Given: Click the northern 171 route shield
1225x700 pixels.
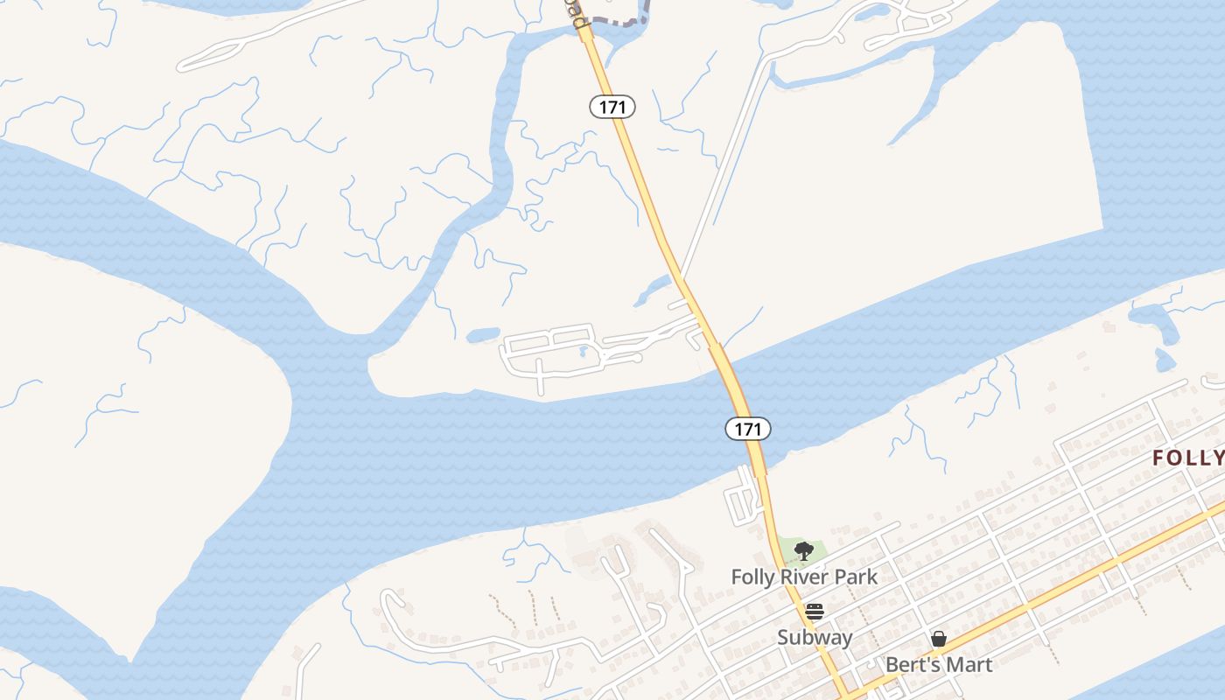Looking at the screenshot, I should pyautogui.click(x=612, y=107).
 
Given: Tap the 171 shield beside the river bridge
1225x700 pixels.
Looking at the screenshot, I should pyautogui.click(x=747, y=429).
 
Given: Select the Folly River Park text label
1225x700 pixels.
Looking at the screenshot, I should pyautogui.click(x=804, y=577).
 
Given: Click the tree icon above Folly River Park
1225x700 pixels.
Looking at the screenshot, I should pyautogui.click(x=803, y=551).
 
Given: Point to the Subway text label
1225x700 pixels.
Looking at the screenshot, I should pyautogui.click(x=815, y=637).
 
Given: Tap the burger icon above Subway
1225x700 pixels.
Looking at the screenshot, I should pyautogui.click(x=815, y=612).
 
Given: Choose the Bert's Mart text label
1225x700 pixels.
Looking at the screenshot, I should pyautogui.click(x=939, y=664).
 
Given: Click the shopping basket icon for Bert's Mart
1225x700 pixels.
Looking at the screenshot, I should pyautogui.click(x=939, y=639).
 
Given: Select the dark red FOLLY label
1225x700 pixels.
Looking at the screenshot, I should pyautogui.click(x=1187, y=458).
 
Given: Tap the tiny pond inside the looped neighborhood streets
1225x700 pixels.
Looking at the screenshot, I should pyautogui.click(x=582, y=352).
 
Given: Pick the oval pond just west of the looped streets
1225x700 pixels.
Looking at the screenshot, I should pyautogui.click(x=482, y=335).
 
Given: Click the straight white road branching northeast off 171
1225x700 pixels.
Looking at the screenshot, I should pyautogui.click(x=726, y=166).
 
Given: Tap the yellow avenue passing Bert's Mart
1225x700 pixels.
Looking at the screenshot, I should pyautogui.click(x=1050, y=595).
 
